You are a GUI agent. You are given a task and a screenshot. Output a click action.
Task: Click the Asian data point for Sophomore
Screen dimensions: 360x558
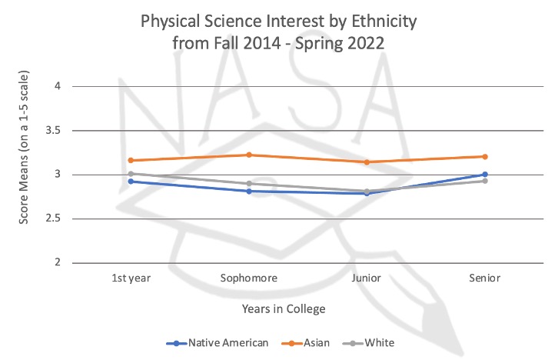click(x=248, y=155)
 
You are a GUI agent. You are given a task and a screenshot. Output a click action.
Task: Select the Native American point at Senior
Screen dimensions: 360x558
click(x=485, y=175)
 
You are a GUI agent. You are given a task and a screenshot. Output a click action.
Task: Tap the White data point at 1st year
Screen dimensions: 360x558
click(x=131, y=174)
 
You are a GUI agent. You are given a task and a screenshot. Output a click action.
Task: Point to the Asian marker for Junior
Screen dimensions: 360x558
click(x=367, y=162)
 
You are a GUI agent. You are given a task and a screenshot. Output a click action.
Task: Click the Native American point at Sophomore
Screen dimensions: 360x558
click(x=248, y=191)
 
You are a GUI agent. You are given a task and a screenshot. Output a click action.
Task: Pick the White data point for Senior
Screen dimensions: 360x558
click(x=485, y=181)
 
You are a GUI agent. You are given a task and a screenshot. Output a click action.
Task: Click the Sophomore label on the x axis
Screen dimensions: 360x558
click(x=248, y=278)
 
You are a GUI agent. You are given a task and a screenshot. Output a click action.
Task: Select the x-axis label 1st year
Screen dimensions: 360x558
click(x=131, y=278)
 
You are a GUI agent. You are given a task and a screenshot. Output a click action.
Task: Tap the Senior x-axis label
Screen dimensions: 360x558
click(x=485, y=278)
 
